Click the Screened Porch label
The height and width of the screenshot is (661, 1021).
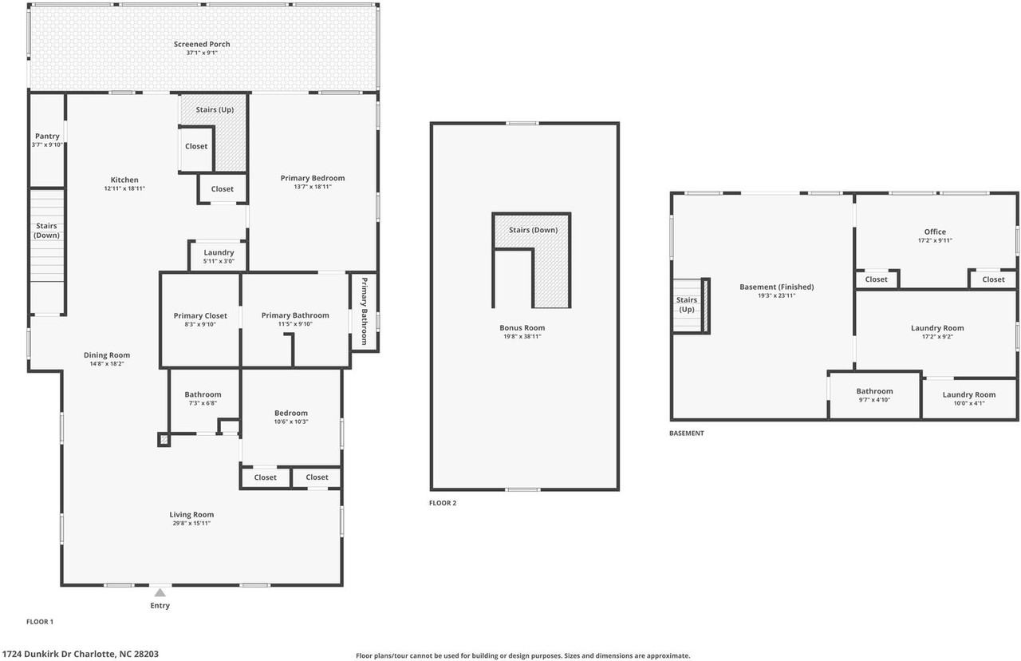[x=202, y=45]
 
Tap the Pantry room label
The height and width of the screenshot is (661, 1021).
[x=47, y=137]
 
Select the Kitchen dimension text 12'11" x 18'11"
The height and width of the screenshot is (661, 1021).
[x=124, y=188]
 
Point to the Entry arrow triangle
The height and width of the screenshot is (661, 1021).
[x=160, y=592]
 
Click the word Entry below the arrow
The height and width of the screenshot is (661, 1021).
[x=160, y=606]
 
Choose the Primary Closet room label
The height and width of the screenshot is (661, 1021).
[x=200, y=316]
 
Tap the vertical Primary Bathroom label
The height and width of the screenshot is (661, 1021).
[x=365, y=311]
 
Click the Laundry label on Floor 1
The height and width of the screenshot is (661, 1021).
[x=219, y=253]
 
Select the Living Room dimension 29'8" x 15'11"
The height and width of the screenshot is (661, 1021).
[x=191, y=524]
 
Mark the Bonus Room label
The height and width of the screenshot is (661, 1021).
[x=522, y=328]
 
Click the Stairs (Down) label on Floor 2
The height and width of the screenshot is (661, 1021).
[x=533, y=231]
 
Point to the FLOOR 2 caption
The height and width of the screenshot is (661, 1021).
[x=443, y=503]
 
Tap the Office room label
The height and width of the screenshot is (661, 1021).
[x=935, y=232]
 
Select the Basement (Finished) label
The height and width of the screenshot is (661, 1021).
[x=776, y=287]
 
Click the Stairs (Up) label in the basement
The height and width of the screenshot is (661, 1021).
[x=686, y=304]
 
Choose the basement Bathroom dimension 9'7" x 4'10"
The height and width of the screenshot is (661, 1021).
[x=874, y=401]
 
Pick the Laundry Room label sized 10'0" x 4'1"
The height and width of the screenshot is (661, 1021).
[x=968, y=395]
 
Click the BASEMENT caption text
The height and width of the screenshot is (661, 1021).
[x=686, y=433]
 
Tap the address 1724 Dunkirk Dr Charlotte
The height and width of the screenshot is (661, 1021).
[x=80, y=654]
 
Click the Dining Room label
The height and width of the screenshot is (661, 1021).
[x=107, y=355]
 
